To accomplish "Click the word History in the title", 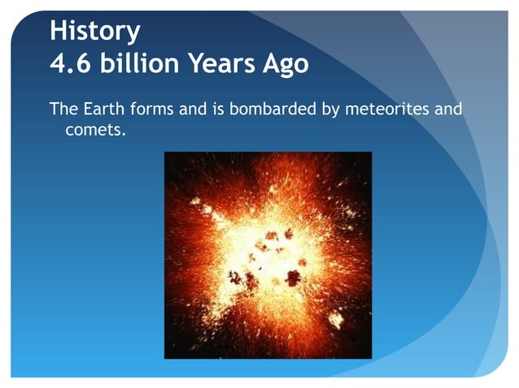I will click(94, 31).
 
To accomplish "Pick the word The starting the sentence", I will click(64, 108).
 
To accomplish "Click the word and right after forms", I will click(192, 108).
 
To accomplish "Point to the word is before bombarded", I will click(218, 108).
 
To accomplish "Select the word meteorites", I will click(386, 108).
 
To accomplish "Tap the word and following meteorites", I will click(447, 108).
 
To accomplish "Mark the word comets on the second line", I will click(92, 129).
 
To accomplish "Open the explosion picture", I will click(268, 255).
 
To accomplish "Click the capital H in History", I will click(58, 31).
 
